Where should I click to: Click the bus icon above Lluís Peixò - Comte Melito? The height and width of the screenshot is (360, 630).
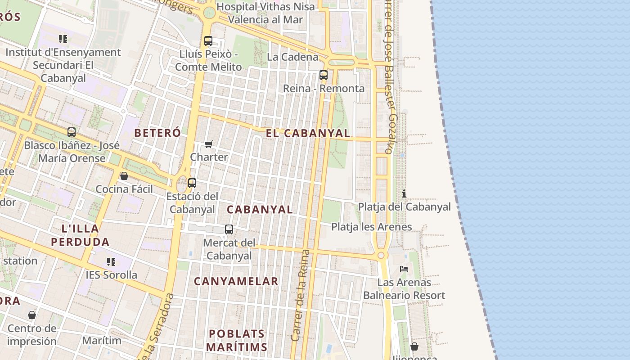(208, 41)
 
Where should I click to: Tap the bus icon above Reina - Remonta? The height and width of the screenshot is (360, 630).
(324, 75)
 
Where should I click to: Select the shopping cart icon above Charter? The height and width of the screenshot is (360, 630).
(208, 144)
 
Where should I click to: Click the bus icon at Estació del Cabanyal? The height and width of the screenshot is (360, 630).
(192, 183)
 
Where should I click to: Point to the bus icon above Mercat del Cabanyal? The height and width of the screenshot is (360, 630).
(229, 229)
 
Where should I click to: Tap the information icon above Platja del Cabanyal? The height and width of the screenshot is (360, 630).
(404, 194)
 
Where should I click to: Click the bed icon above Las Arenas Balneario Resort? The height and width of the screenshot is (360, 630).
(404, 269)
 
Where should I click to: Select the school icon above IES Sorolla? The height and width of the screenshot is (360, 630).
(111, 261)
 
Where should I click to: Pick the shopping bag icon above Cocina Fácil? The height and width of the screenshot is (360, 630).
(124, 176)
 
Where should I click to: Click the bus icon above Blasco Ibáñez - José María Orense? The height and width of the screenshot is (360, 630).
(72, 132)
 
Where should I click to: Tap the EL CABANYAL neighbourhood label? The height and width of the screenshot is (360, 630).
(308, 133)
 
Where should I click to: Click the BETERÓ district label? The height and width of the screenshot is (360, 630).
(157, 133)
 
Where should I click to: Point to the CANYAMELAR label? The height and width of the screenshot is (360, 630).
(236, 282)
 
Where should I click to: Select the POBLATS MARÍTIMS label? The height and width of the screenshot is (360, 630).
(237, 340)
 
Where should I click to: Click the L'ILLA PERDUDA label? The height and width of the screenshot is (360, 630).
(80, 235)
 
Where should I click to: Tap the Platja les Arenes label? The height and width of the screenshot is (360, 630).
(371, 227)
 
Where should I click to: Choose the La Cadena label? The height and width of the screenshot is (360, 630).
(292, 57)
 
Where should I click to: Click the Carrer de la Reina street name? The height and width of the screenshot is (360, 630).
(301, 295)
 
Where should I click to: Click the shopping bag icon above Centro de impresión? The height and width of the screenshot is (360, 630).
(31, 315)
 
